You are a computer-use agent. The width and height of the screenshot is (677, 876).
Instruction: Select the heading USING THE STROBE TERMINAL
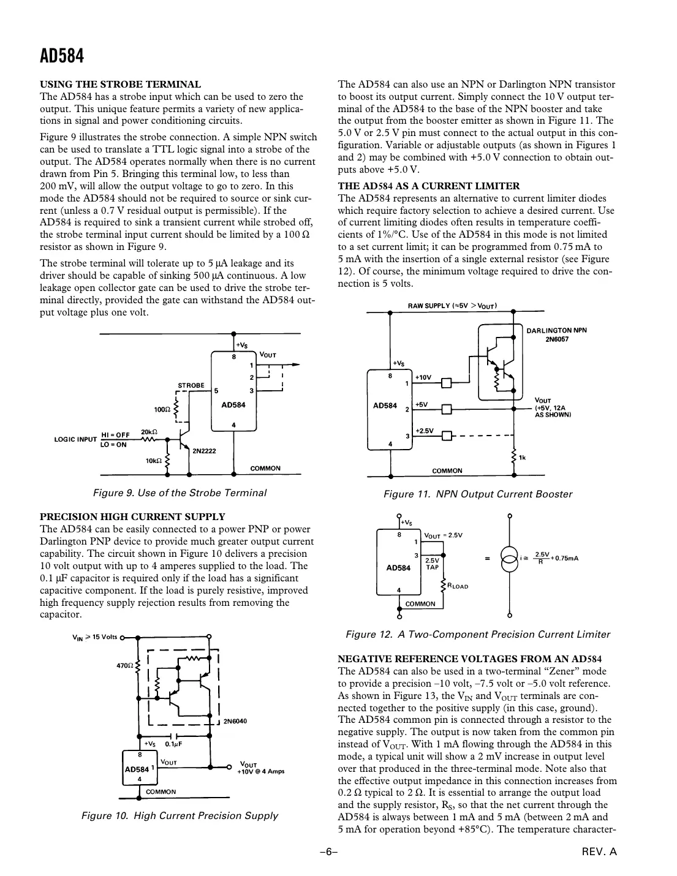click(x=120, y=85)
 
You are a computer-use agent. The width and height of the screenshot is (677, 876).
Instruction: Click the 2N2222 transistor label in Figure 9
click(x=204, y=451)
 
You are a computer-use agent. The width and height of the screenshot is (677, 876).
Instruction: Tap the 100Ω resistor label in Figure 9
click(x=162, y=409)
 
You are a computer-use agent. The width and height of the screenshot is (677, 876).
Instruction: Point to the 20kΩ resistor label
click(x=151, y=431)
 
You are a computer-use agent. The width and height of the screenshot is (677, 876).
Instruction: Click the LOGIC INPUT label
click(x=75, y=439)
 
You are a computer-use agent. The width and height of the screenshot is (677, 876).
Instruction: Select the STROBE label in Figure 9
click(x=191, y=385)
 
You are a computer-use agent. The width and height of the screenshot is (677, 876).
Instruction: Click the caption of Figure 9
click(x=180, y=493)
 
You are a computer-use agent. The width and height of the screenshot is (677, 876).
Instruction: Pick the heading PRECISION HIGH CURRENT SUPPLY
click(x=132, y=516)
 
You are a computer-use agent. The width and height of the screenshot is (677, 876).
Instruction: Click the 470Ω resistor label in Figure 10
click(x=124, y=665)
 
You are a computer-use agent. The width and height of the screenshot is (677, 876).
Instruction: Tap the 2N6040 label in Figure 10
click(x=235, y=721)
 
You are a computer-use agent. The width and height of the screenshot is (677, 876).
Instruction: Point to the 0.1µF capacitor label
click(x=174, y=744)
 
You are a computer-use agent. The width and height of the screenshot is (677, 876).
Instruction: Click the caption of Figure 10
click(x=180, y=815)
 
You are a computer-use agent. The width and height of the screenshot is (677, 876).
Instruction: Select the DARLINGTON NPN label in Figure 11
click(x=556, y=330)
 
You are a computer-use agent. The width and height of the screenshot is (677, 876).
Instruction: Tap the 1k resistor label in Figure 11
click(x=523, y=457)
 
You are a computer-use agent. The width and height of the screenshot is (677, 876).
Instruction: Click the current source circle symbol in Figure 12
click(x=509, y=558)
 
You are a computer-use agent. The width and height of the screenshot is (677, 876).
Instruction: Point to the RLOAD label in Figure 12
click(x=458, y=586)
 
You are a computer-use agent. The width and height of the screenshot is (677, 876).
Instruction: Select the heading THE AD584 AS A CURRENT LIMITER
click(x=429, y=186)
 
